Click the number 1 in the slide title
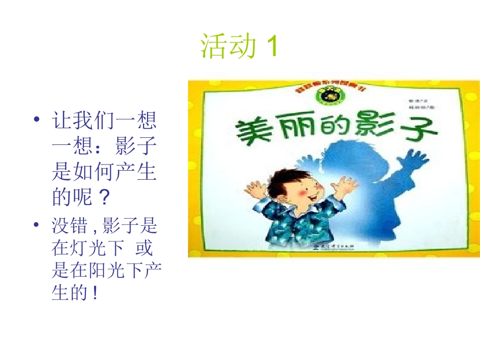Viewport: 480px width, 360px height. (271, 47)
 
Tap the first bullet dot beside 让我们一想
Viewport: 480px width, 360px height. (36, 120)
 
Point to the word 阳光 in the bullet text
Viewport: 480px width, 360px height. (114, 271)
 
